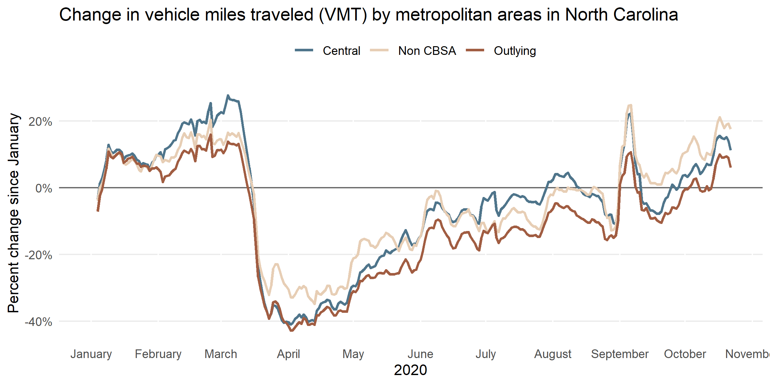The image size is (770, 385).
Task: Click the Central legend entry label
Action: tap(341, 51)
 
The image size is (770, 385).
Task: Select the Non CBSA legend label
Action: tap(427, 51)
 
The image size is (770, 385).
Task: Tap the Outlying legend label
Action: tap(515, 51)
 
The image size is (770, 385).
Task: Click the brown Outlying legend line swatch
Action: tap(475, 50)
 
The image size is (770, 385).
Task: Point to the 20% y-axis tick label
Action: tap(40, 122)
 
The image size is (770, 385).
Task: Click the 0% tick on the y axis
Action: tap(44, 188)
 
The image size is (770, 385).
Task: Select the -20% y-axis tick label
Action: tap(38, 255)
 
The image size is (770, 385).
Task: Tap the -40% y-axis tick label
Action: tap(38, 322)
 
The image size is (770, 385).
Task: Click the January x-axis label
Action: tap(91, 354)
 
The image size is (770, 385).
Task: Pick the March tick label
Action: tap(221, 354)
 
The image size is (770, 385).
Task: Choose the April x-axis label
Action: tap(288, 354)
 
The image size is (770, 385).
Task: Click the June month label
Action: tap(420, 354)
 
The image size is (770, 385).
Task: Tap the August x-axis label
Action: tap(552, 354)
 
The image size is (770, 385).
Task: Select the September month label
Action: tap(620, 354)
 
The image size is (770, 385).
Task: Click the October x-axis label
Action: tap(685, 354)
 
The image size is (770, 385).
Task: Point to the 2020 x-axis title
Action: tap(410, 370)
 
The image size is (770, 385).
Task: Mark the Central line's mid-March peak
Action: tap(228, 95)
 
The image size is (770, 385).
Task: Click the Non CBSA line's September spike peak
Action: tap(630, 105)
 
